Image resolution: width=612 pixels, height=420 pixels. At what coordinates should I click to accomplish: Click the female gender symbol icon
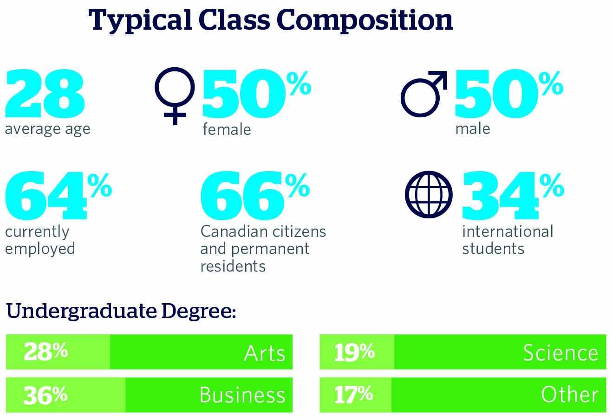tap(175, 95)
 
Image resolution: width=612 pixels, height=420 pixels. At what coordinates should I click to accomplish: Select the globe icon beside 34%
tap(429, 195)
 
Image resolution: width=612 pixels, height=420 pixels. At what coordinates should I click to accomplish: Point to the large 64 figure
tap(46, 196)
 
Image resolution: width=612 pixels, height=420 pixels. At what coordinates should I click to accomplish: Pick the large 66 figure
tap(241, 196)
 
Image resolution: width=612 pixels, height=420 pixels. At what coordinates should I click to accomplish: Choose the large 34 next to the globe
tap(500, 196)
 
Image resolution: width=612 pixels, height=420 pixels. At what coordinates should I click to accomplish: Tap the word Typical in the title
tap(139, 21)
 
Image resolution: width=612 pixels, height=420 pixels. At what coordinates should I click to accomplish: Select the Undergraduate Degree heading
tap(121, 311)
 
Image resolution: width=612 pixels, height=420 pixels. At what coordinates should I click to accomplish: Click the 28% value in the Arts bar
tap(46, 351)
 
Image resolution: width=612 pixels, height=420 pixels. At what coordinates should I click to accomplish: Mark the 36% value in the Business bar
tap(46, 395)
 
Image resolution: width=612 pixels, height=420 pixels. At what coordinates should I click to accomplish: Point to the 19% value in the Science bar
tap(354, 351)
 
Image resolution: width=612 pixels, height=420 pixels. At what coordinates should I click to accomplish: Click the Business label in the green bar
tap(242, 395)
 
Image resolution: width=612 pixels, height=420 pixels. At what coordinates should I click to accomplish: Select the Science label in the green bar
tap(560, 352)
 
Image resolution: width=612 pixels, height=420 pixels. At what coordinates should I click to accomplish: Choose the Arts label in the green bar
tap(265, 353)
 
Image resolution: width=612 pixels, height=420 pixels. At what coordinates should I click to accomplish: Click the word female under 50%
tap(227, 129)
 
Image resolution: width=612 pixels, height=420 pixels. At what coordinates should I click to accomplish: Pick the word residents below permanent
tap(233, 266)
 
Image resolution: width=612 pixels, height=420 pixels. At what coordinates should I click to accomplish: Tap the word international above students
tap(508, 231)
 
